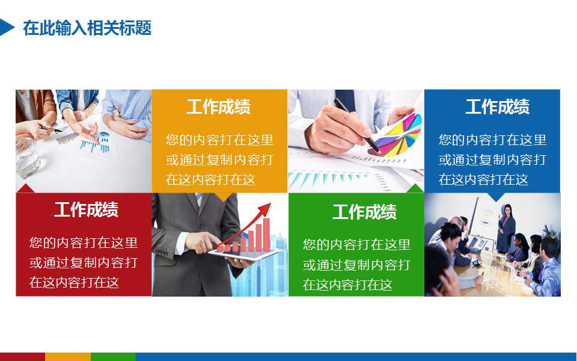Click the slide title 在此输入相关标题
pyautogui.click(x=87, y=28)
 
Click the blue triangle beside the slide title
pyautogui.click(x=6, y=27)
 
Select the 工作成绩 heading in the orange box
pyautogui.click(x=218, y=107)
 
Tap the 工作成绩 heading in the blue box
pyautogui.click(x=497, y=107)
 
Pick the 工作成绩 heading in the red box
pyautogui.click(x=86, y=210)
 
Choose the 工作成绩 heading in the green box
pyautogui.click(x=364, y=212)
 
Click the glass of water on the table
pyautogui.click(x=26, y=159)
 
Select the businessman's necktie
pyautogui.click(x=199, y=199)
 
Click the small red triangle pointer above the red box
pyautogui.click(x=25, y=188)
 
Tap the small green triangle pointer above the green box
pyautogui.click(x=415, y=188)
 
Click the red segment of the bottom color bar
pyautogui.click(x=22, y=357)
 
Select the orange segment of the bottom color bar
pyautogui.click(x=67, y=357)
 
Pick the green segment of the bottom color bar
pyautogui.click(x=113, y=357)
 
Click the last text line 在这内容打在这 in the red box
pyautogui.click(x=75, y=282)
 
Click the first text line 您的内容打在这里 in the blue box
pyautogui.click(x=492, y=140)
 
